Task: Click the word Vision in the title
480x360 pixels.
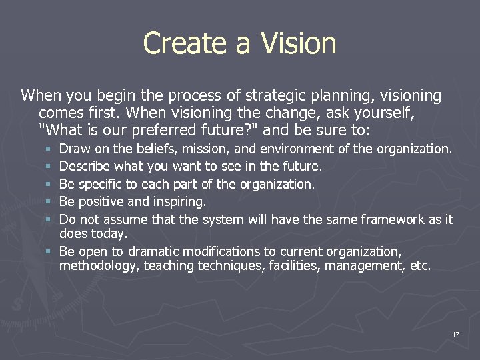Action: pos(298,43)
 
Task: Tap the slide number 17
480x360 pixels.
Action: pos(455,333)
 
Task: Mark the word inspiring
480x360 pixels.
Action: pos(181,201)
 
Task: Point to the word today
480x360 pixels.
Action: pos(109,233)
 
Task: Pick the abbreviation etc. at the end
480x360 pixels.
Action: pos(420,266)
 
